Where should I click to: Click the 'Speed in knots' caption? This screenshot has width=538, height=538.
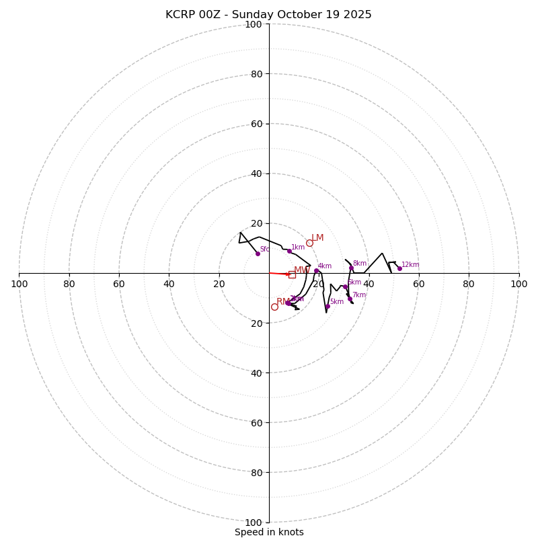tap(269, 532)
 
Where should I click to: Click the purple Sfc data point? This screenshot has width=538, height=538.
tap(258, 254)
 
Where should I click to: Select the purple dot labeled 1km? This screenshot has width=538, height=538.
tap(289, 251)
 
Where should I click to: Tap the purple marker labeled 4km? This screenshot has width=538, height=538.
tap(316, 271)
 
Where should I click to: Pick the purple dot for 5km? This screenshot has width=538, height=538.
tap(328, 307)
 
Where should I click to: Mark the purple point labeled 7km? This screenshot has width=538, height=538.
tap(350, 299)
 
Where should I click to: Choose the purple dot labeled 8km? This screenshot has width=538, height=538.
tap(351, 268)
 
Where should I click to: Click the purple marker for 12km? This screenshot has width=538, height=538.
tap(399, 268)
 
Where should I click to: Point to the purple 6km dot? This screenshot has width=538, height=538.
tap(345, 287)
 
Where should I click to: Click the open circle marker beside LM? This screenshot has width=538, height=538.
tap(309, 243)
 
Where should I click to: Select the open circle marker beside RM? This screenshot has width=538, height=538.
tap(274, 307)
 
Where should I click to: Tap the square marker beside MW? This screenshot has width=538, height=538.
tap(292, 274)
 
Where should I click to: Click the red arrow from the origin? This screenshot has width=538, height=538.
tap(280, 274)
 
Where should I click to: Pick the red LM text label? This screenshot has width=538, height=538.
tap(317, 237)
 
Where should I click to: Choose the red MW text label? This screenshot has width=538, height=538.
tap(301, 270)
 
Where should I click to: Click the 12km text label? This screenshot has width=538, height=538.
tap(410, 265)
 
